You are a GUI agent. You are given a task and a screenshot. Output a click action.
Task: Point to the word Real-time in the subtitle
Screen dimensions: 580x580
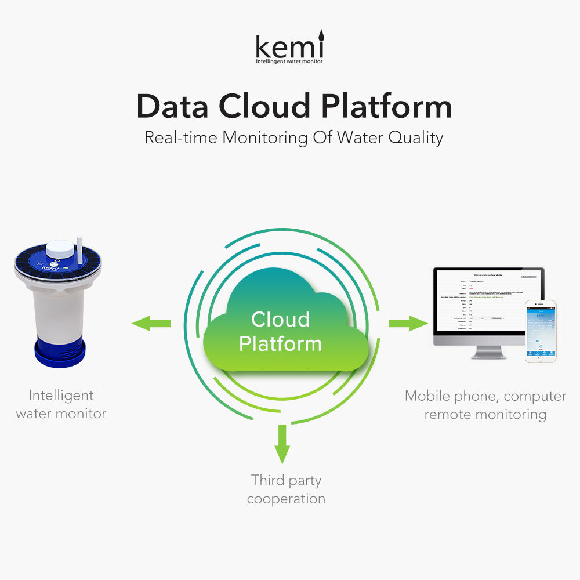tap(180, 138)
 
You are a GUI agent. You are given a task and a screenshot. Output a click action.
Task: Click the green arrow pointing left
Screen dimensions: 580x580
tap(151, 323)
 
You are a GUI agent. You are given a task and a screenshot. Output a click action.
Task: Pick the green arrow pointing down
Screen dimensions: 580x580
tap(282, 444)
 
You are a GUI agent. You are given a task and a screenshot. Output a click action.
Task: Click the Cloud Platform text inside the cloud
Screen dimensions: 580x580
tap(280, 331)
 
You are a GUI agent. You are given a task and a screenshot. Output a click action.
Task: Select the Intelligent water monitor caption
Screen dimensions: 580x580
tap(61, 404)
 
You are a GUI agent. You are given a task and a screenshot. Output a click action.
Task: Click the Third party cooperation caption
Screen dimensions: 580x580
tap(286, 490)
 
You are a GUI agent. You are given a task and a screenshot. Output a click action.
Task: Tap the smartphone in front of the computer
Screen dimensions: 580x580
tap(541, 331)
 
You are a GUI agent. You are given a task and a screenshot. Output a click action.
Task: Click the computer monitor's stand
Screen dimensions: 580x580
tap(488, 351)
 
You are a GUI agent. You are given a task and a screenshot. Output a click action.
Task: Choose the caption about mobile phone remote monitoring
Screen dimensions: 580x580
tap(485, 405)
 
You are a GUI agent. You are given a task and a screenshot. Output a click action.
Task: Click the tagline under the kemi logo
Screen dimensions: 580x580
tap(289, 61)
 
